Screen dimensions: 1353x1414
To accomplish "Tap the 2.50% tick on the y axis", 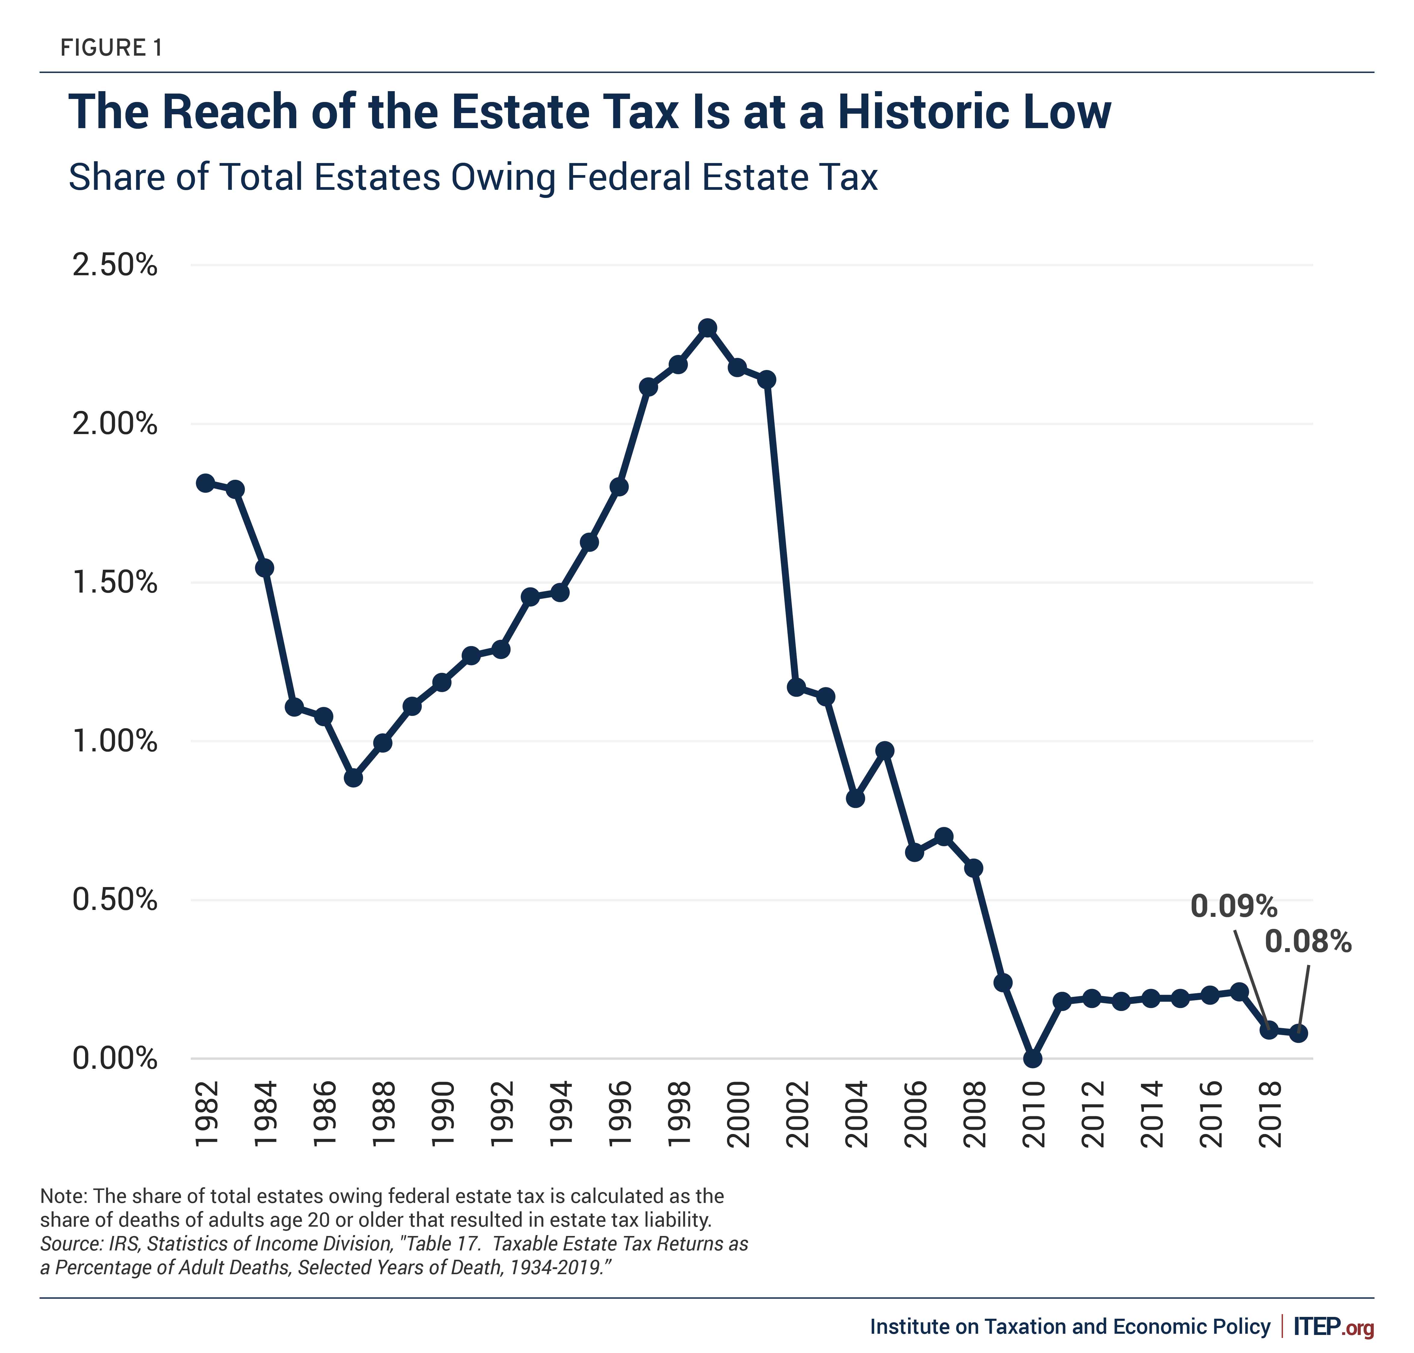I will click(x=115, y=265).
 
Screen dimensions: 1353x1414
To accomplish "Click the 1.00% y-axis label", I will click(x=115, y=741).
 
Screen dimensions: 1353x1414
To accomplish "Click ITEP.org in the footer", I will click(x=1333, y=1327).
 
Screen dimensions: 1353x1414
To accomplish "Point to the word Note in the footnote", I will click(x=63, y=1196).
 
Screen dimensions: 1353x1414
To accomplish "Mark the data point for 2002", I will click(x=796, y=687).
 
